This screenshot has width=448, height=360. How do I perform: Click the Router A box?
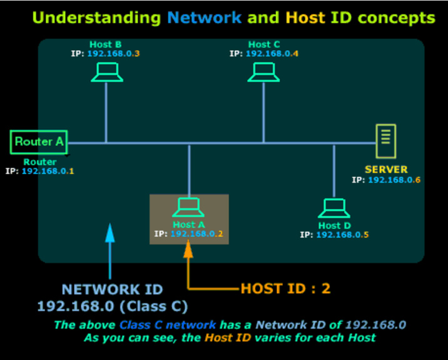click(39, 142)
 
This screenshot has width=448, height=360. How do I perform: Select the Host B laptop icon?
click(107, 73)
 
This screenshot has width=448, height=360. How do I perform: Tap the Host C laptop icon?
click(263, 73)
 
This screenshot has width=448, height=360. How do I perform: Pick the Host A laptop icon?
click(188, 207)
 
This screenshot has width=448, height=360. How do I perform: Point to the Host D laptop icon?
click(334, 208)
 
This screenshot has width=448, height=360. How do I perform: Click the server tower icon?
click(385, 141)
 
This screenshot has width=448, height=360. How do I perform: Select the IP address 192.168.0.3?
click(113, 53)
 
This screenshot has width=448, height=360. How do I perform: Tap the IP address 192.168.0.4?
click(272, 53)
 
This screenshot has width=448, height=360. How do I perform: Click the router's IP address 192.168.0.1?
click(48, 171)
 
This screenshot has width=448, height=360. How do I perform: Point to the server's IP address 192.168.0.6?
click(394, 180)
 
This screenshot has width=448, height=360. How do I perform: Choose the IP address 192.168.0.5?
click(343, 235)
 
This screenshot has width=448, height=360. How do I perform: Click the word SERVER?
click(386, 170)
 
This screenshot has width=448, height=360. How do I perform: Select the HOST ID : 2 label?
click(286, 289)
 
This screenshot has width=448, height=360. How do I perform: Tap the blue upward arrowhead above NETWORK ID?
click(110, 233)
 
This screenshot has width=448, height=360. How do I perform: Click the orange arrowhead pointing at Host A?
click(188, 249)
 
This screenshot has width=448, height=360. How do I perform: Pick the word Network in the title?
click(205, 18)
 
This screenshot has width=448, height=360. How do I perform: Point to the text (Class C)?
click(154, 307)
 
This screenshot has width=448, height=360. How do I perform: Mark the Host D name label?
click(334, 225)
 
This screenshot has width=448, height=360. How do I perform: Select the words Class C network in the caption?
click(168, 325)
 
